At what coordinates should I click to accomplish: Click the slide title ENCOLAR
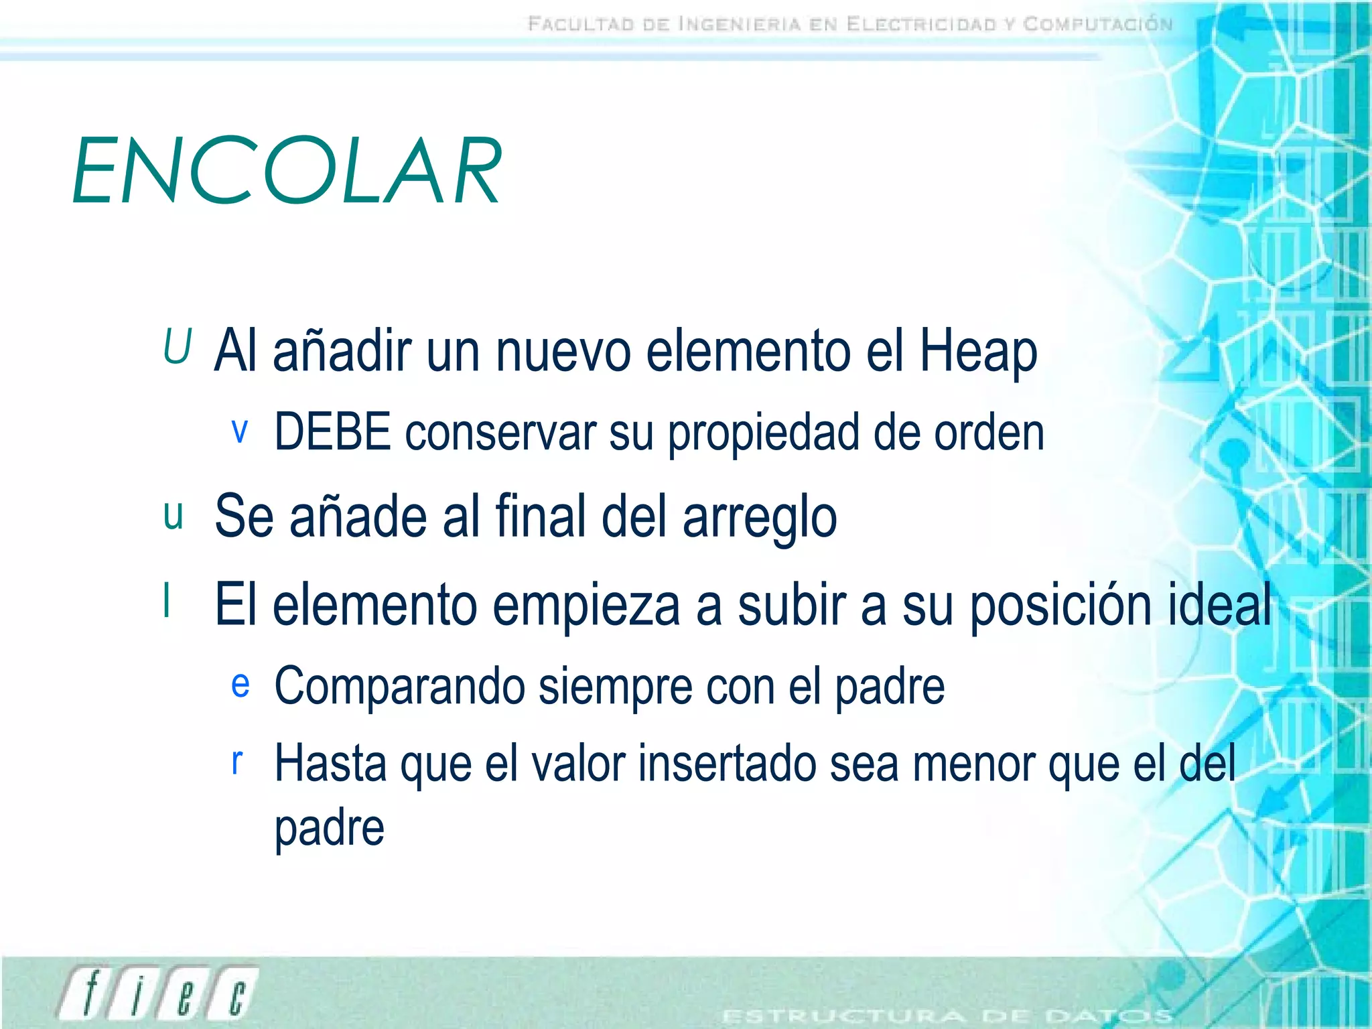[x=287, y=170]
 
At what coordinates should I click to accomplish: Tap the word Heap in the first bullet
[x=978, y=351]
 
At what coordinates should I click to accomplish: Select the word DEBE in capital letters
[x=333, y=432]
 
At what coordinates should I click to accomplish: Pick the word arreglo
[x=760, y=518]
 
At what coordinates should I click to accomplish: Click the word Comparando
[x=399, y=687]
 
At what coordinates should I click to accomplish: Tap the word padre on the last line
[x=330, y=829]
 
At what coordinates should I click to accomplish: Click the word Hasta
[x=330, y=764]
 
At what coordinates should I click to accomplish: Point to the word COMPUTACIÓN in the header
[x=1098, y=25]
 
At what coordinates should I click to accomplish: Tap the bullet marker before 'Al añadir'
[x=178, y=346]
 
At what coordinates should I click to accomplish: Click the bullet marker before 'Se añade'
[x=174, y=516]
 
